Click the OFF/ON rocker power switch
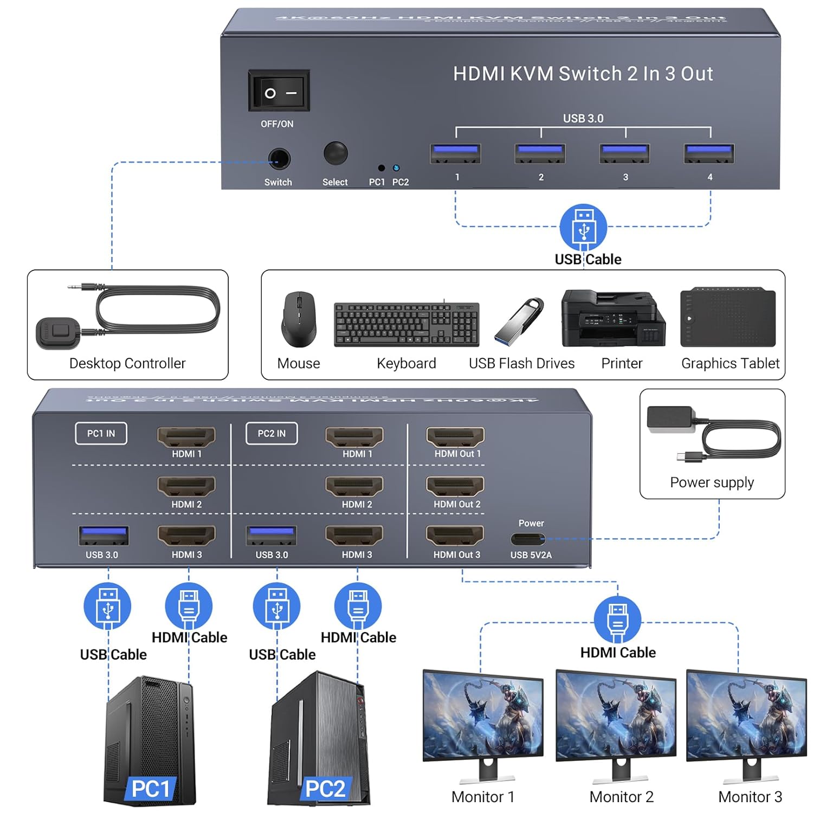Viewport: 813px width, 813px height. tap(279, 91)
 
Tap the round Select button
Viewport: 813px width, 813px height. tap(335, 153)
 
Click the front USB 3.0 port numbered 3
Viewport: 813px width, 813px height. tap(624, 153)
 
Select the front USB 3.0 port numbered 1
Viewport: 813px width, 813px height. tap(455, 153)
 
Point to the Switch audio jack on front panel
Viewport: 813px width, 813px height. tap(279, 159)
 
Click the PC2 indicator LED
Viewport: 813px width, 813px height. tap(396, 169)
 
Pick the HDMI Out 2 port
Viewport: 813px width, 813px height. tap(455, 486)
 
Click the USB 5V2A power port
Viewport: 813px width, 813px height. tap(528, 539)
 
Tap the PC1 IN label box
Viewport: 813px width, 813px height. tap(101, 434)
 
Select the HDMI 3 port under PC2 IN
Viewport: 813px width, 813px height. tap(354, 535)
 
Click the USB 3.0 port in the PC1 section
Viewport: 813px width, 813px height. tap(104, 535)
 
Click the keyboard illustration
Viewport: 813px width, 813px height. tap(406, 324)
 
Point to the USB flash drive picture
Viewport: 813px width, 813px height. tap(519, 321)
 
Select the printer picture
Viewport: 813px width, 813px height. tap(612, 318)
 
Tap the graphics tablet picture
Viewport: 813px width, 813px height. tap(728, 318)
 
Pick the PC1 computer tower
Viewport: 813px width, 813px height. tap(149, 740)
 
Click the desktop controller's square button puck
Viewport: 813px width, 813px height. tap(58, 333)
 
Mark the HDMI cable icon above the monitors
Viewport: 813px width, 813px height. tap(617, 619)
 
